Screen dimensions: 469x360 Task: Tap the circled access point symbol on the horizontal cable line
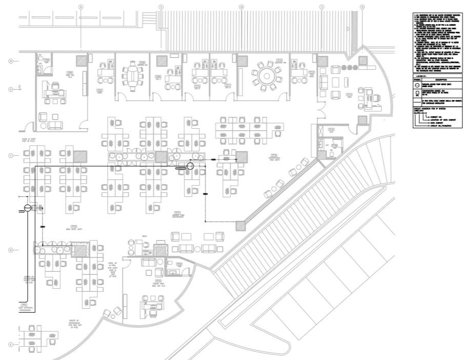point(190,165)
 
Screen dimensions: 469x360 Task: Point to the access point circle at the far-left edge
point(27,208)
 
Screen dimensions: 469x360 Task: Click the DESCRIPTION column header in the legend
point(440,80)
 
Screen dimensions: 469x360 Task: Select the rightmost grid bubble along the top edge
point(362,7)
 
